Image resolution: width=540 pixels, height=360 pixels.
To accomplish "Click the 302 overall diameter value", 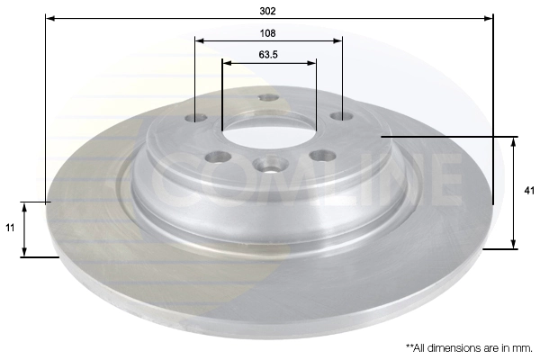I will tap(267, 11).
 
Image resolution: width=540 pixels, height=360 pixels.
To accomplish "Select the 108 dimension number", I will tap(267, 32).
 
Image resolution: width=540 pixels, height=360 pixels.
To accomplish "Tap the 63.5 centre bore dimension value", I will tap(267, 55).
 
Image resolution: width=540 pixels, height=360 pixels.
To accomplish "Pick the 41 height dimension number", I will tap(530, 191).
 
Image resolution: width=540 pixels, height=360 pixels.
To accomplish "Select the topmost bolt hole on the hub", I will tap(266, 98).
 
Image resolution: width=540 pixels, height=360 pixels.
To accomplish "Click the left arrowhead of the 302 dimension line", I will tap(49, 18).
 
